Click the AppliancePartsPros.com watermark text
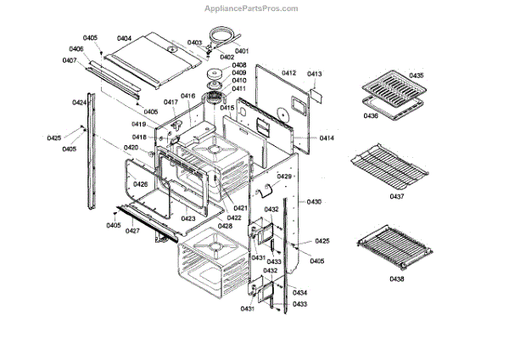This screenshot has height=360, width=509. pos(251,8)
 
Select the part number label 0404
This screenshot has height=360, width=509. pos(124,38)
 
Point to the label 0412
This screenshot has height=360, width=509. pos(289,75)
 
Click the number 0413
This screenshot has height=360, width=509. pos(315,75)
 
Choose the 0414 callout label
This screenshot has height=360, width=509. pos(327,138)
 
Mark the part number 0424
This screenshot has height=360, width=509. pos(79,103)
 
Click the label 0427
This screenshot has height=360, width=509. pos(132,231)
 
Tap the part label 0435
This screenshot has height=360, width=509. pos(417,76)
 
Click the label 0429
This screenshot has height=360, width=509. pos(284,176)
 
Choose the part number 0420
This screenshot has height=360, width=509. pos(130,148)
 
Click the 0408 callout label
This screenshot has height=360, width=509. pos(239,65)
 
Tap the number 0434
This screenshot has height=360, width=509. pos(299,293)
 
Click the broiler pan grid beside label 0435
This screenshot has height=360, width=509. pos(387,87)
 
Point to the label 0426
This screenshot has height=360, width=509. pos(141,184)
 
